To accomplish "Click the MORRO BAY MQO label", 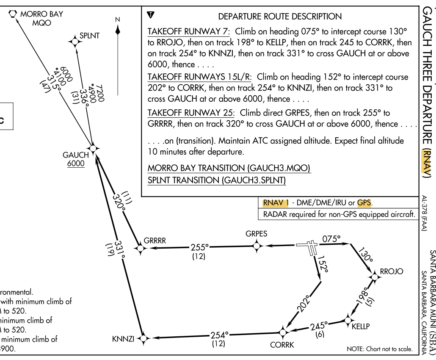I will pos(41,18).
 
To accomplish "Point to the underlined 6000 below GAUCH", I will pos(76,163).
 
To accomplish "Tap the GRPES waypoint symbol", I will pos(256,246).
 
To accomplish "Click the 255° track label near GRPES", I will pos(199,247).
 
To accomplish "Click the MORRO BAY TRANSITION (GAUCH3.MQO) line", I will pos(229,168).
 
